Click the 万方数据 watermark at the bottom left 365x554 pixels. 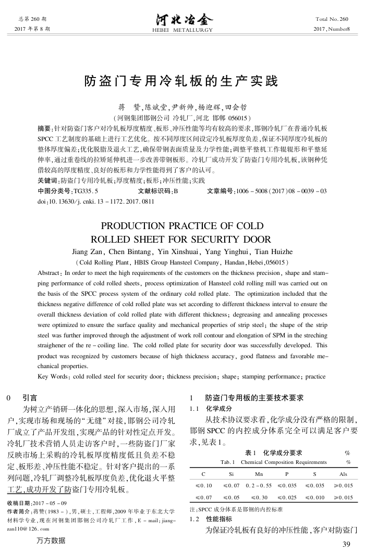coord(52,540)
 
